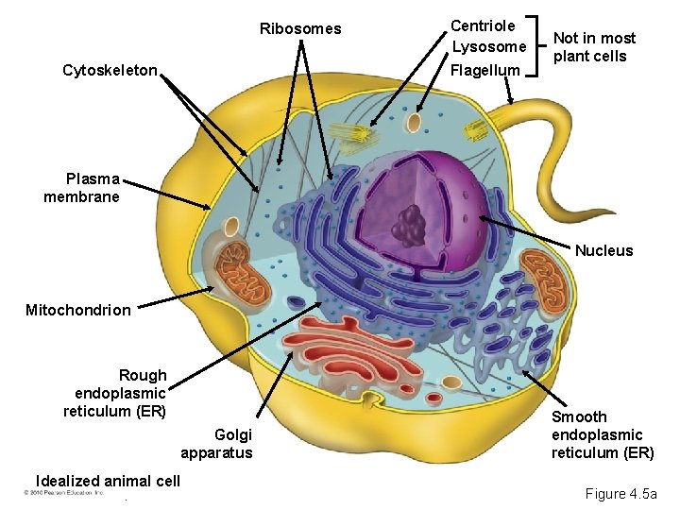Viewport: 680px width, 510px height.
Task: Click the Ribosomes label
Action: click(x=300, y=28)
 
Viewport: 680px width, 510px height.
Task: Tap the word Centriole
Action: click(x=483, y=25)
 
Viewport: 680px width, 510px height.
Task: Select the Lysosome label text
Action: click(x=488, y=46)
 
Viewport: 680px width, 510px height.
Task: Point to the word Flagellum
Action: click(x=485, y=70)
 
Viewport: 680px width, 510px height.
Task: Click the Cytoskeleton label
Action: click(x=109, y=70)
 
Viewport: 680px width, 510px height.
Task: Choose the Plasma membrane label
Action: click(x=82, y=188)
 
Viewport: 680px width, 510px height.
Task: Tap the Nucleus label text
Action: click(x=604, y=250)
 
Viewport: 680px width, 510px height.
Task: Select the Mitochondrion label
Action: click(x=78, y=310)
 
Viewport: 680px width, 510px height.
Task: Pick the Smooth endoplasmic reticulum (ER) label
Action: click(x=602, y=434)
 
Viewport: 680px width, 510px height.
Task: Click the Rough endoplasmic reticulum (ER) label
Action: click(x=115, y=393)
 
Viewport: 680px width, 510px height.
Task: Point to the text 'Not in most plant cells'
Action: click(x=594, y=46)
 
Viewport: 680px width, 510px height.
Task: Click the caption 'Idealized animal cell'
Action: click(x=107, y=481)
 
